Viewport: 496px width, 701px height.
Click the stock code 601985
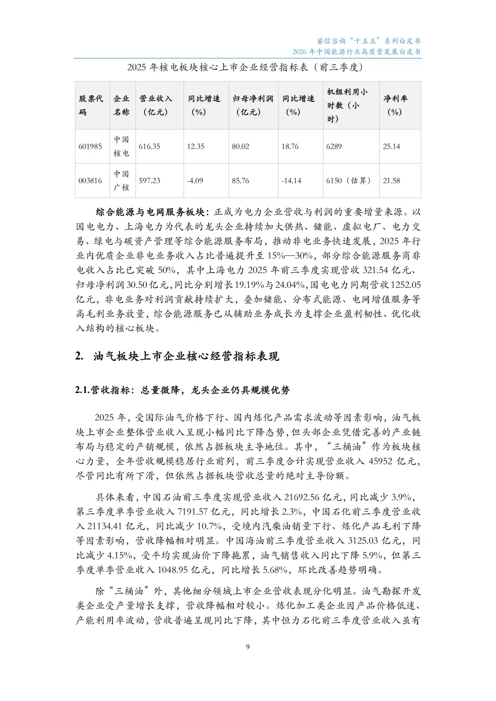(90, 146)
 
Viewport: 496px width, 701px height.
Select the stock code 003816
(90, 181)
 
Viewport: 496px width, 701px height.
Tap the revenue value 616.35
(149, 146)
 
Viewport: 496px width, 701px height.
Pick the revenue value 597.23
(149, 181)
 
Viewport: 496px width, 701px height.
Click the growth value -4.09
(195, 181)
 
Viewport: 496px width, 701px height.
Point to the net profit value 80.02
(240, 146)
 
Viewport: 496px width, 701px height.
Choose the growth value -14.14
(291, 181)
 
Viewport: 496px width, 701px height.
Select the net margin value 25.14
(391, 146)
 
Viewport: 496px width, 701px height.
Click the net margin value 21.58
(391, 181)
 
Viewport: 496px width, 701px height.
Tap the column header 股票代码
(91, 105)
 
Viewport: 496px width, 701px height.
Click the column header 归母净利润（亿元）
(253, 105)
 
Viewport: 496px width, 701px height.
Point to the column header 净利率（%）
(395, 105)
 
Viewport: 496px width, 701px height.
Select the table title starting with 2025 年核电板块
(245, 67)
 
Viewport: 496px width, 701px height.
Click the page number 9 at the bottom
(248, 647)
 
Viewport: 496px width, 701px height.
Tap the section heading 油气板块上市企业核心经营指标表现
(186, 356)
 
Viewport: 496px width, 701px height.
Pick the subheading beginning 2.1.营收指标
(182, 390)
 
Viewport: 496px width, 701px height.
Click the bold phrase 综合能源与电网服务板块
(150, 212)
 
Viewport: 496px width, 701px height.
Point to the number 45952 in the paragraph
(381, 461)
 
